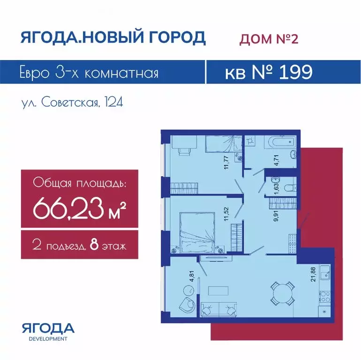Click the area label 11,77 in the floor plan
point(226,163)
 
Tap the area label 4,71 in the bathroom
point(277,160)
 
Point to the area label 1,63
point(277,189)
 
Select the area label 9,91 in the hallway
point(276,216)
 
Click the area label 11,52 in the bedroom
point(226,214)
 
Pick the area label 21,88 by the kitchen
point(313,274)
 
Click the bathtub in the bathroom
point(280,142)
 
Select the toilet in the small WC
point(290,188)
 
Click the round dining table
point(283,293)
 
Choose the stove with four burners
point(324,296)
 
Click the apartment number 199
point(296,72)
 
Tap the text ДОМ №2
point(269,38)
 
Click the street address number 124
point(114,102)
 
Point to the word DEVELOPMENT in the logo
point(48,339)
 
